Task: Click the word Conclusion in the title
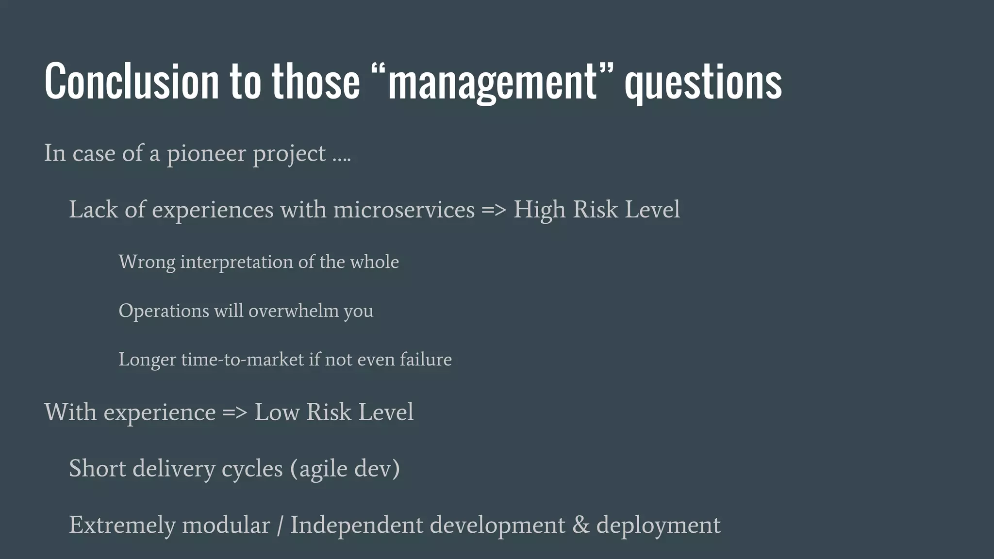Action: coord(131,81)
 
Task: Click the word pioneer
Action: coord(206,154)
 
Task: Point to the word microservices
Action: coord(404,210)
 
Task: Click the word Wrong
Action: coord(147,263)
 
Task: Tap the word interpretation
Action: coord(236,263)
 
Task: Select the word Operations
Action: coord(164,311)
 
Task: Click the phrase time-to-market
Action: coord(242,360)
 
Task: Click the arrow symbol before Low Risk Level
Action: coord(235,412)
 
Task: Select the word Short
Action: coord(97,469)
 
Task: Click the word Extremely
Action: coord(122,526)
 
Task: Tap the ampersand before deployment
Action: coord(581,525)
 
